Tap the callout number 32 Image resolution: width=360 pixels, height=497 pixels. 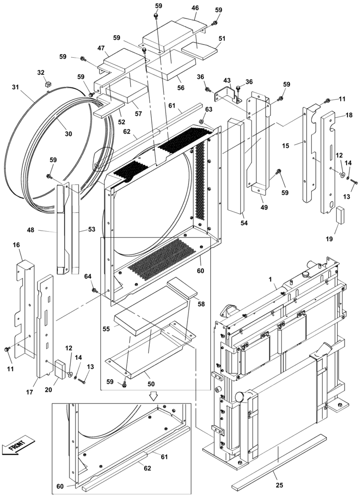click(x=41, y=73)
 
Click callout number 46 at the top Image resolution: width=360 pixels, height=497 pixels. click(x=195, y=8)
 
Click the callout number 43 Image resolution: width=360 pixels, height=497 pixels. click(x=227, y=81)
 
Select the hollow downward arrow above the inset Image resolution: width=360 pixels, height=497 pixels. click(x=154, y=396)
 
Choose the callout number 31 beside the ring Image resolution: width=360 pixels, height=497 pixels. click(x=15, y=86)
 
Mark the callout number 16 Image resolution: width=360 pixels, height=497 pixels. click(x=16, y=245)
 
